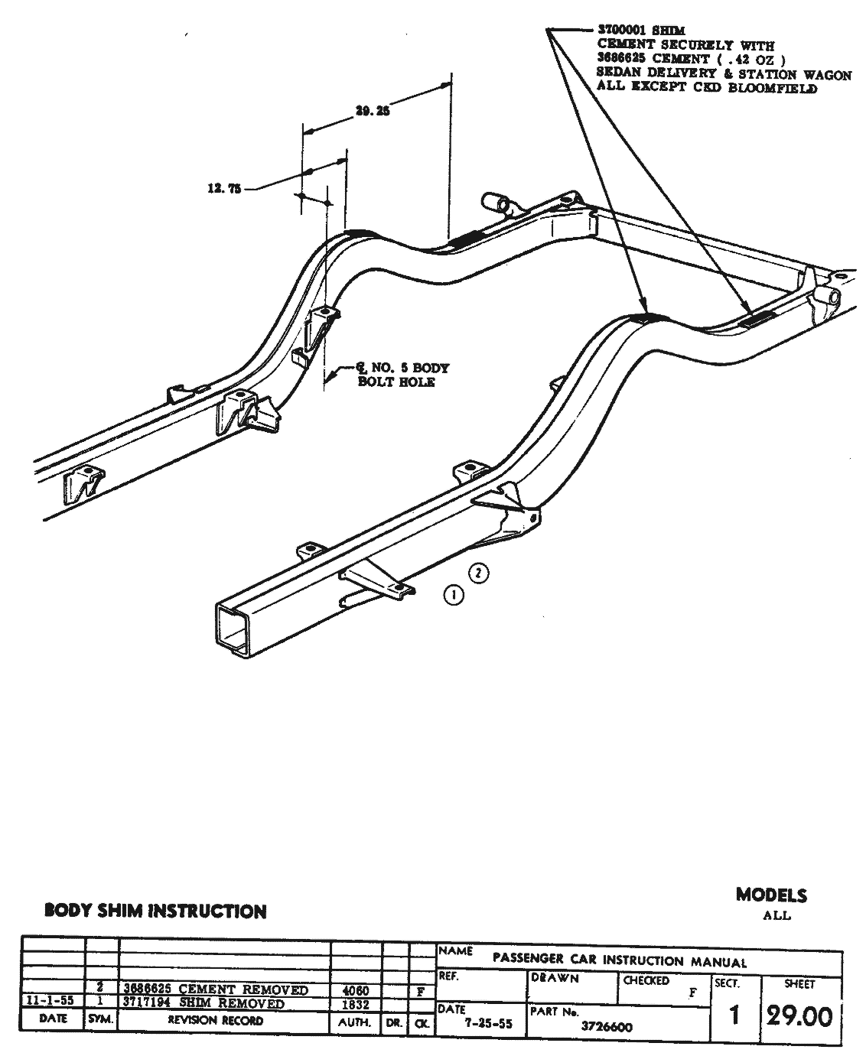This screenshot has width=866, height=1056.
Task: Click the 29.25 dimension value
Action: (x=373, y=110)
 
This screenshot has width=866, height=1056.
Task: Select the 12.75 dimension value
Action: (x=224, y=187)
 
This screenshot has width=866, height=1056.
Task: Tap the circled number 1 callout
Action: (x=454, y=595)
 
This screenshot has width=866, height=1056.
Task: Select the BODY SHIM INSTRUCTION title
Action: (x=155, y=911)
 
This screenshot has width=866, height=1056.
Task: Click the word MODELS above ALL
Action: (x=771, y=894)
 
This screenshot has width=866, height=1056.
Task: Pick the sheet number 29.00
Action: (x=799, y=1016)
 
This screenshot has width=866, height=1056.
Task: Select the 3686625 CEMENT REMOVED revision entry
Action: (x=216, y=990)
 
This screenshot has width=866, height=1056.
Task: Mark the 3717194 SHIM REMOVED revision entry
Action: (x=204, y=1003)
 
